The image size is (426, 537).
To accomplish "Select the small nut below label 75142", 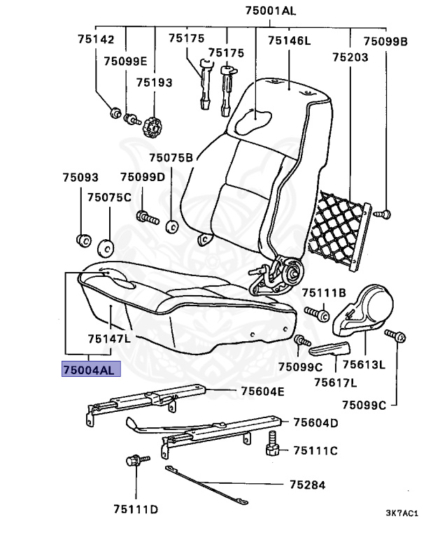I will [x=115, y=112].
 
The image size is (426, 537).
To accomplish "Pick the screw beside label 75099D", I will [x=145, y=216].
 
